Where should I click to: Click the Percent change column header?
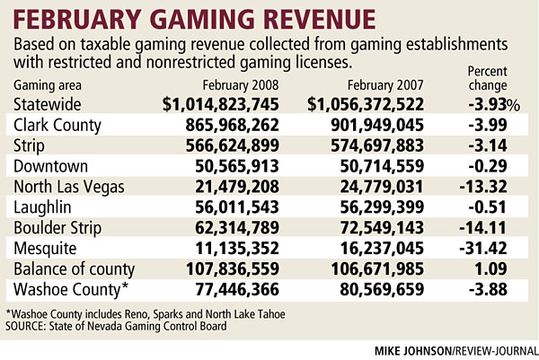pyautogui.click(x=493, y=77)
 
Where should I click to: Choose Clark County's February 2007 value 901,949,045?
pyautogui.click(x=384, y=126)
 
